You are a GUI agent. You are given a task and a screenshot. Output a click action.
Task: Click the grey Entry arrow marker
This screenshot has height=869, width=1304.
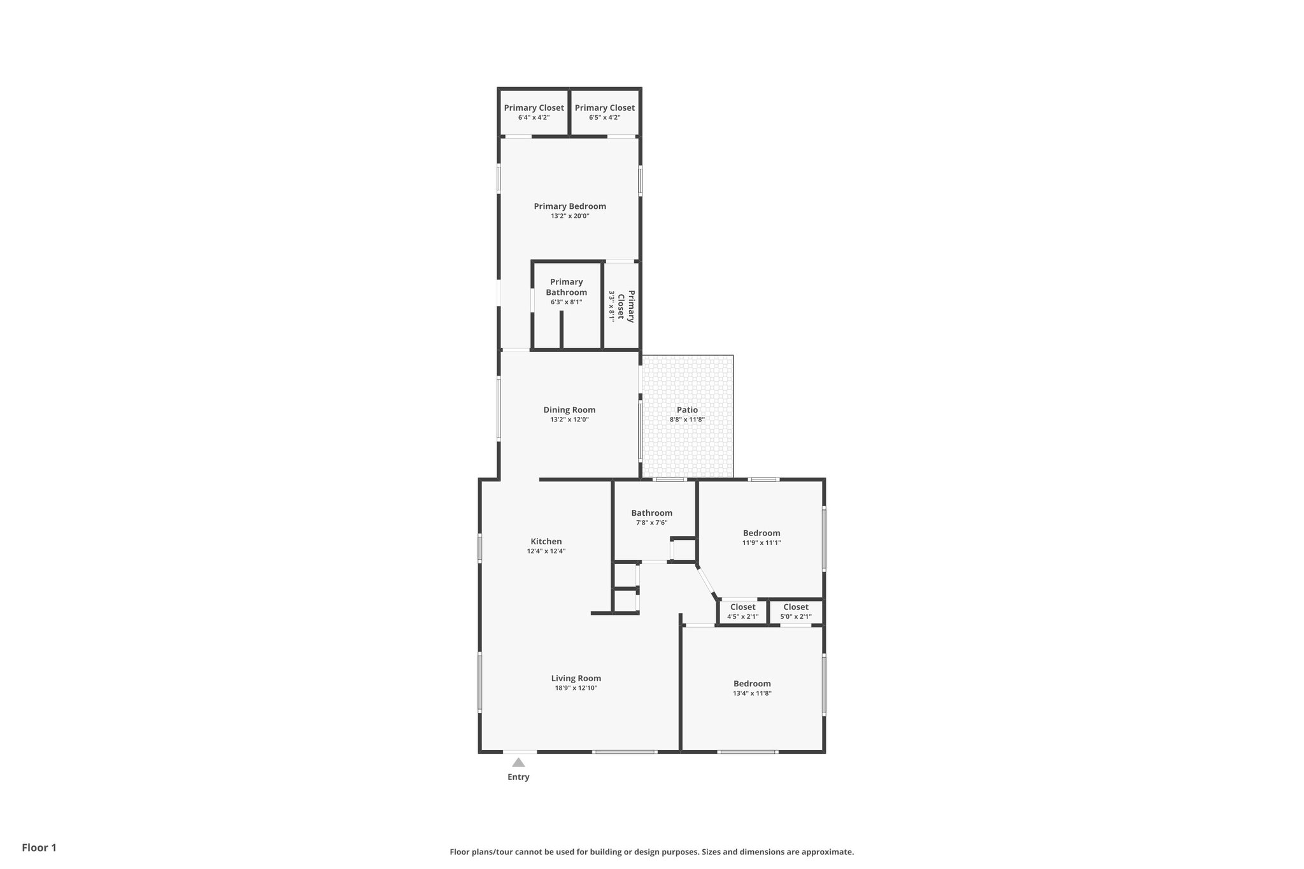coord(518,762)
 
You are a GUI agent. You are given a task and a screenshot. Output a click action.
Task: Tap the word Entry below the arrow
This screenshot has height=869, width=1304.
coord(518,777)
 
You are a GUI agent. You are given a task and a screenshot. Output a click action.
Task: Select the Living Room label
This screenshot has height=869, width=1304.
coord(576,678)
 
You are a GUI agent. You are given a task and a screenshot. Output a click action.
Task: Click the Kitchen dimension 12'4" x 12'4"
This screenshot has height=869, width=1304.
coord(546,551)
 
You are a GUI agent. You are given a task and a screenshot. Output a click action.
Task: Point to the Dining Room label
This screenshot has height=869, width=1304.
coord(569,410)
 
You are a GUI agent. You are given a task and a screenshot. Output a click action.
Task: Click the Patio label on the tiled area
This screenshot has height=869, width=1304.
coord(687,410)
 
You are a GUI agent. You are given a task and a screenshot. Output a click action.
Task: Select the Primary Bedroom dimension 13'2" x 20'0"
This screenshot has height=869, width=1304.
coord(570,216)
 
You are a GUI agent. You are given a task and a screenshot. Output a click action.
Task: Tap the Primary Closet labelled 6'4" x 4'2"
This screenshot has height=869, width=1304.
coord(534,112)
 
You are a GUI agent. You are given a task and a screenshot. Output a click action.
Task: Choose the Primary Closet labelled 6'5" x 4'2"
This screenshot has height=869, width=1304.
coord(604,112)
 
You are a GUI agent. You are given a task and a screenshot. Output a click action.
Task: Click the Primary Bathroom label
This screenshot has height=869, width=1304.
coord(566,287)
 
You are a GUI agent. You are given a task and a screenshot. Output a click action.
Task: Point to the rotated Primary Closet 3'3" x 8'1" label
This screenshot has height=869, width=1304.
coord(622,306)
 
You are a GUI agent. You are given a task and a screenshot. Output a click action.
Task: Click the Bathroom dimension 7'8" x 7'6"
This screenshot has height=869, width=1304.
coord(651,523)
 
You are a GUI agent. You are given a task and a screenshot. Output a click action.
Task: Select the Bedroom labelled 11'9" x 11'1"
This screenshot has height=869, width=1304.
coord(762,537)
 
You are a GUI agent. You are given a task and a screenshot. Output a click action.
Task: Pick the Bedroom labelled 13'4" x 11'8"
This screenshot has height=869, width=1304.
coord(752,688)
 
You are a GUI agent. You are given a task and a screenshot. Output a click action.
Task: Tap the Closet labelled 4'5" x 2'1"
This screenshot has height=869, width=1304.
coord(742,611)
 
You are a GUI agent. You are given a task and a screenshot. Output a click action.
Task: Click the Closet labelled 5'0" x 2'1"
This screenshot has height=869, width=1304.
coord(796,611)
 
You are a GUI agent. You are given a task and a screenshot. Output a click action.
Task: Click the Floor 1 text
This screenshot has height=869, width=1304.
coord(39,847)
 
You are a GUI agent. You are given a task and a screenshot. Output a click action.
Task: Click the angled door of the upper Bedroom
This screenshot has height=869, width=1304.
coord(707,581)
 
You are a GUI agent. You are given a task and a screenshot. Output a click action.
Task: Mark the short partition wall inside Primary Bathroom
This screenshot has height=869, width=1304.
coord(562,330)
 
